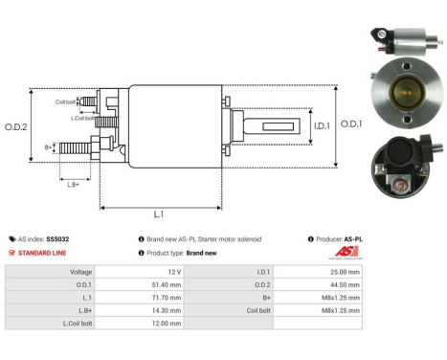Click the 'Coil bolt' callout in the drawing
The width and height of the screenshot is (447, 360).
[x=66, y=101]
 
